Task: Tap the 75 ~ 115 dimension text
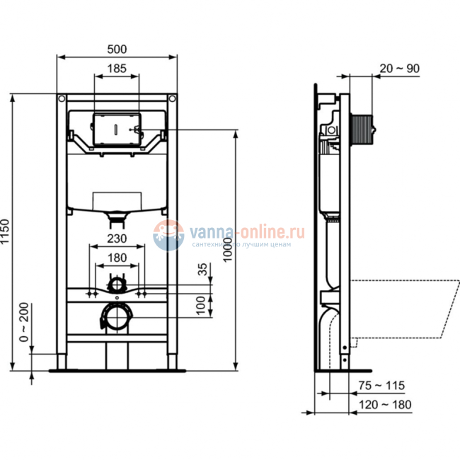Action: click(x=381, y=386)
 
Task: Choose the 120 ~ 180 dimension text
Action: click(x=385, y=404)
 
